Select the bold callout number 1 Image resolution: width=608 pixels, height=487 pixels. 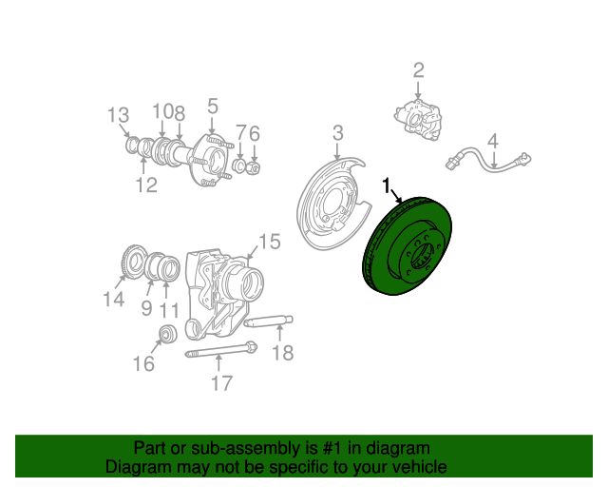tap(387, 185)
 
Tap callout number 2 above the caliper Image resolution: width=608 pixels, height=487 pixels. tap(418, 70)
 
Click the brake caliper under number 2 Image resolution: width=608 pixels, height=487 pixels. tap(419, 120)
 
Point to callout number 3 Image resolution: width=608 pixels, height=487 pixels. tap(338, 132)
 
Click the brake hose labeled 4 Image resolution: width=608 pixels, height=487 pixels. tap(487, 159)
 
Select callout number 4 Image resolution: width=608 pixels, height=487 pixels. tap(493, 141)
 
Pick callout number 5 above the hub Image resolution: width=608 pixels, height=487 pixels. tap(213, 106)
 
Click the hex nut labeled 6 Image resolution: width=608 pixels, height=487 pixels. tap(254, 167)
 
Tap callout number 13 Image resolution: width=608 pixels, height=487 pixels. tap(118, 115)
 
